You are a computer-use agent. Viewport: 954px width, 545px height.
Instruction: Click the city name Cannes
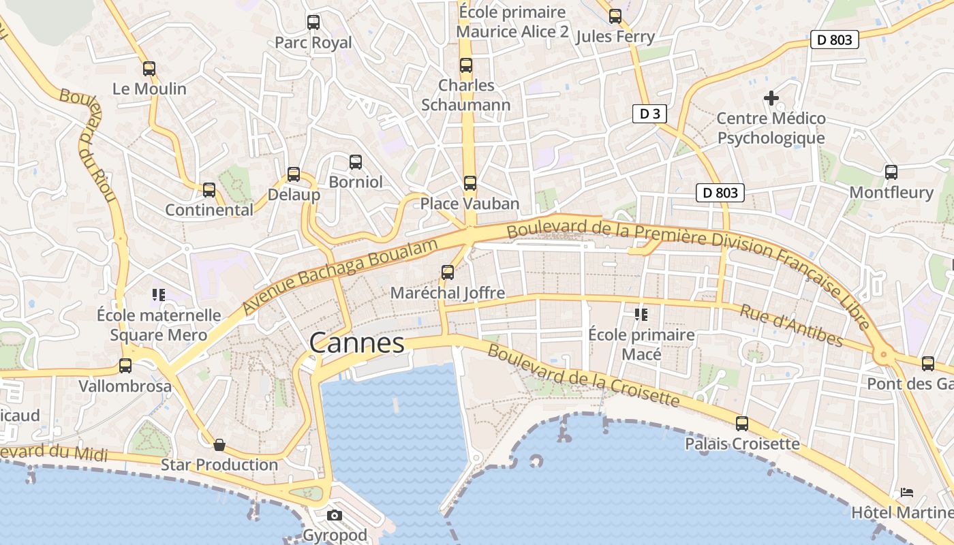coord(357,343)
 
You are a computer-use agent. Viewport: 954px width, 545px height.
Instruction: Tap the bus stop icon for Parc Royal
coord(313,22)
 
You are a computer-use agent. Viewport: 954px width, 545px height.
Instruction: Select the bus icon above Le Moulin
coord(149,69)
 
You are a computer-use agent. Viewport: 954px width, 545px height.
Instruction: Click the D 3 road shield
coord(649,114)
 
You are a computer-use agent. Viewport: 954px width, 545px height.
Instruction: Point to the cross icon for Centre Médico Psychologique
coord(771,98)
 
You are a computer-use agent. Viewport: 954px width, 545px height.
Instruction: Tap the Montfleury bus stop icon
coord(891,172)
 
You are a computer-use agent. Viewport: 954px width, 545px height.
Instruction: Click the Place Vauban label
coord(470,204)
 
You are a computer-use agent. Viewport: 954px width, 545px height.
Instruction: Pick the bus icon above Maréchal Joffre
coord(448,272)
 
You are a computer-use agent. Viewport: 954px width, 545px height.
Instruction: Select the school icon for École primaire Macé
coord(641,314)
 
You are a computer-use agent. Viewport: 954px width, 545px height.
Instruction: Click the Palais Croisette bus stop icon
coord(742,424)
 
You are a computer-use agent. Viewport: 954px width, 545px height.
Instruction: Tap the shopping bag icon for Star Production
coord(219,445)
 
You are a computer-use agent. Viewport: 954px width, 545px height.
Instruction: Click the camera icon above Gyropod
coord(334,516)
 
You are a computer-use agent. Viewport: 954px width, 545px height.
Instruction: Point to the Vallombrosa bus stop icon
coord(125,366)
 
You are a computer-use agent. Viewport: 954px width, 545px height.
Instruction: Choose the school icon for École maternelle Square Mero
coord(159,295)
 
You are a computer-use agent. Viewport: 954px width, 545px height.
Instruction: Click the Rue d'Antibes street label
coord(791,325)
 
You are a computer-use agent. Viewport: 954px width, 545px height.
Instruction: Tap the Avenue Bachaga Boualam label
coord(339,277)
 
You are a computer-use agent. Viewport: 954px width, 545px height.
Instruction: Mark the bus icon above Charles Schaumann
coord(466,65)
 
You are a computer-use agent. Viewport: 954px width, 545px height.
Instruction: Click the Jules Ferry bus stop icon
coord(615,16)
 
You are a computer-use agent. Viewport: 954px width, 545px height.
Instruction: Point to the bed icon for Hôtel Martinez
coord(906,492)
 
